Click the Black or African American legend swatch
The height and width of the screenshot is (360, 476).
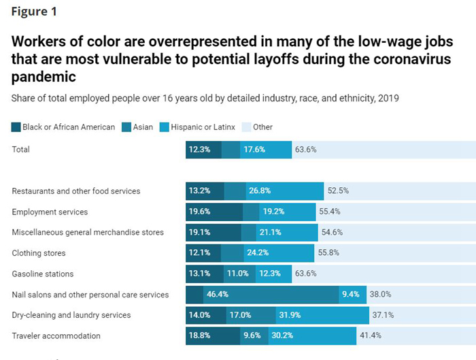[x=16, y=127]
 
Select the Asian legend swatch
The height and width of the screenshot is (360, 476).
[x=126, y=127]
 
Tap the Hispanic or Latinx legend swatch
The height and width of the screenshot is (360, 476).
[x=164, y=127]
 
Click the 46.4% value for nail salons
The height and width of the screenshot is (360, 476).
[x=217, y=295]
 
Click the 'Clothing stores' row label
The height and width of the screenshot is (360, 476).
[x=39, y=253]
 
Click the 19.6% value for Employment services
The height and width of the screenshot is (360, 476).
[x=199, y=212]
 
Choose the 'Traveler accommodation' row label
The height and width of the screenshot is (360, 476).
[x=56, y=336]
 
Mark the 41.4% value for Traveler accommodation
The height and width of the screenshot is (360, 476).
[x=371, y=336]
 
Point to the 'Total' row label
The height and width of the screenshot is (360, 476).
[x=22, y=150]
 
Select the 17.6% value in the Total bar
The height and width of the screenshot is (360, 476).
[x=254, y=150]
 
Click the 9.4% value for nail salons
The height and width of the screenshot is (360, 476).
[x=351, y=295]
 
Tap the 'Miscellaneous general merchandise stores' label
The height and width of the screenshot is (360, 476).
[x=88, y=232]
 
